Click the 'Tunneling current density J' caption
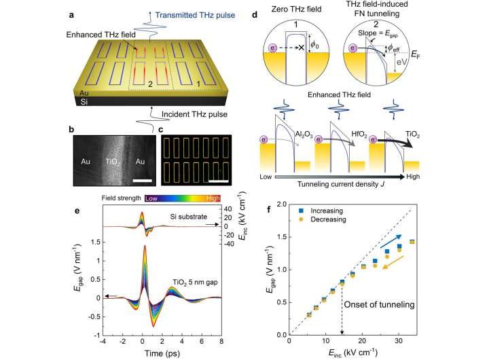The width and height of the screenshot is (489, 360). click(347, 182)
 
